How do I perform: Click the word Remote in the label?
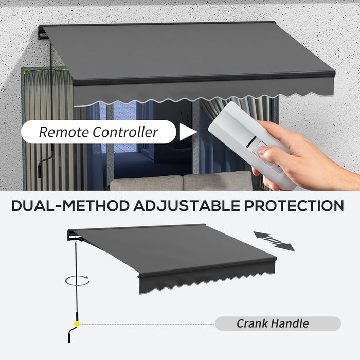[64, 132]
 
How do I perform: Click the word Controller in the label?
[125, 132]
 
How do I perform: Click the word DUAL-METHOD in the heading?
[71, 206]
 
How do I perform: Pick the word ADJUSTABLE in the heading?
[187, 206]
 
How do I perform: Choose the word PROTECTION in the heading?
[294, 206]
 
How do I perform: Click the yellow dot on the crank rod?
[77, 324]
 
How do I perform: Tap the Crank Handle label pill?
[278, 323]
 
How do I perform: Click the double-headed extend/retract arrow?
[274, 241]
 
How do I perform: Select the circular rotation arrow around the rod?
[77, 281]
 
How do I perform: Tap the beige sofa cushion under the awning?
[181, 182]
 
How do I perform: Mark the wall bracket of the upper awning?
[43, 33]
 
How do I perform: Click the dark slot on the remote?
[251, 141]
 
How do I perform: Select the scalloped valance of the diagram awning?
[207, 278]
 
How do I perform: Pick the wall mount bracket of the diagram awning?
[74, 236]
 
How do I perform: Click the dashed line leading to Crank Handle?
[147, 325]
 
